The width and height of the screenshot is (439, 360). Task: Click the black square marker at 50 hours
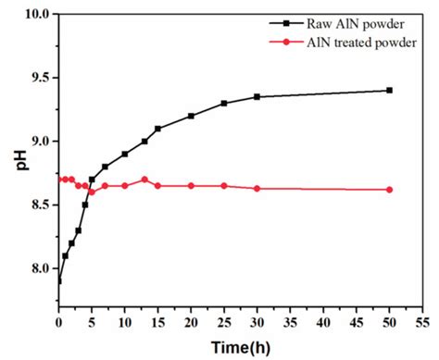389,90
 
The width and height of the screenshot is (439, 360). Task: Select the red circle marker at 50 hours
389,190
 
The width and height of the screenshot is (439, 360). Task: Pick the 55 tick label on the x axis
421,324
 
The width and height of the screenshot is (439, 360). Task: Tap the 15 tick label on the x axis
157,324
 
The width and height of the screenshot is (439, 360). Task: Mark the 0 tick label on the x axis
58,324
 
